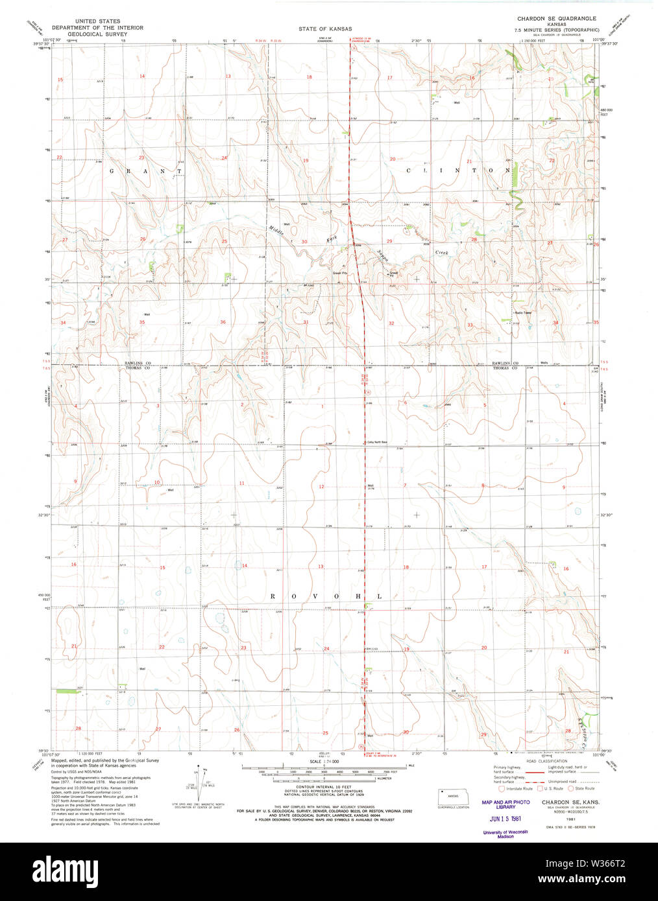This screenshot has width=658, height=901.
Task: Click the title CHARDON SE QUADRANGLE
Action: point(556,19)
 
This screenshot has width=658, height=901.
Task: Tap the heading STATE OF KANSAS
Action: point(325,29)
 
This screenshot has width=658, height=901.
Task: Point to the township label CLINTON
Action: point(458,170)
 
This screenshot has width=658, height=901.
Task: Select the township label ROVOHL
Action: point(324,596)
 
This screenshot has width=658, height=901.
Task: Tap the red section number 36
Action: point(223,322)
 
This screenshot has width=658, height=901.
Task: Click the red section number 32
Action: point(391,323)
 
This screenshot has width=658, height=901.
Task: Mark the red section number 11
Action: point(241,483)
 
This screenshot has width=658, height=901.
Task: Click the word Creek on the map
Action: point(441,252)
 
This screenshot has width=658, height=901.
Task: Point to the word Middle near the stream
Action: point(277,229)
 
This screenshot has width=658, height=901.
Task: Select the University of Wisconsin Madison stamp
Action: point(506,834)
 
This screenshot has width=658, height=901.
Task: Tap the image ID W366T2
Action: point(604,865)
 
